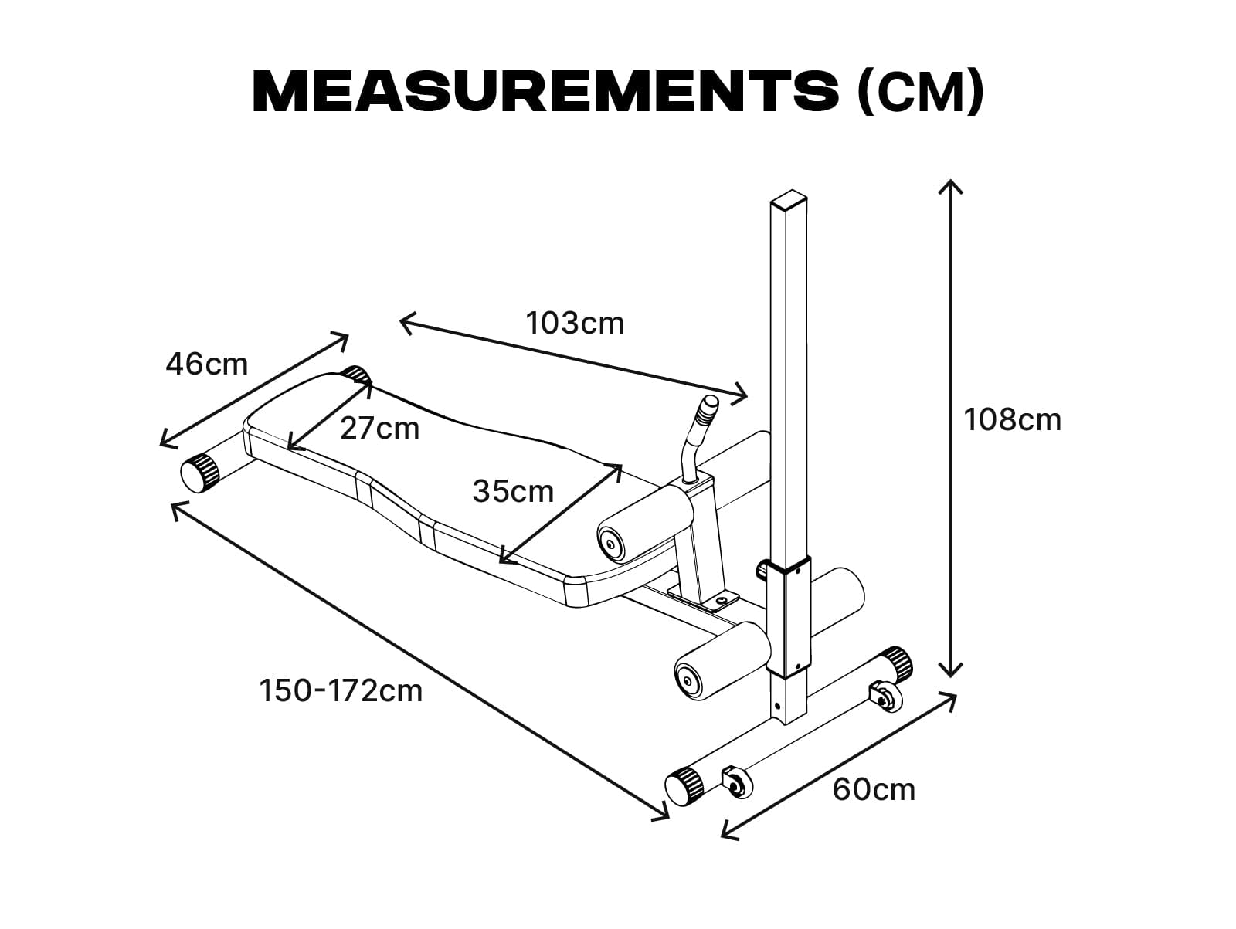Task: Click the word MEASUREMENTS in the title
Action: pos(545,92)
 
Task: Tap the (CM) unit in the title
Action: pos(919,92)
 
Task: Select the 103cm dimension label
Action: pos(575,324)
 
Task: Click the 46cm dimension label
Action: pos(207,364)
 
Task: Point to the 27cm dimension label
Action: pos(380,429)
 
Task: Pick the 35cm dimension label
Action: pos(513,492)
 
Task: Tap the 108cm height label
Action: pos(1013,420)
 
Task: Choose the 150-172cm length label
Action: pos(341,691)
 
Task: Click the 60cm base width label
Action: pos(874,790)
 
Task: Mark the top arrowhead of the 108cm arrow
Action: pos(950,181)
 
